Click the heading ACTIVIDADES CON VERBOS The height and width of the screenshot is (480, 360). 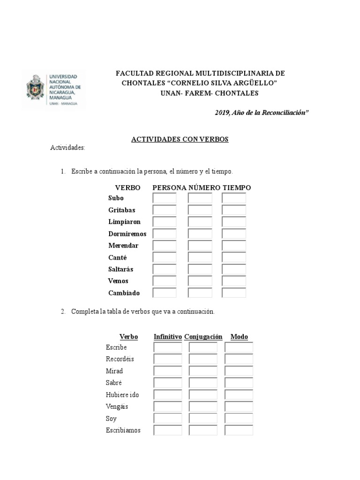click(180, 139)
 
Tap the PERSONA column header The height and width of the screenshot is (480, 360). click(170, 187)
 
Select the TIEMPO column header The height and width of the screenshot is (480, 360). click(237, 187)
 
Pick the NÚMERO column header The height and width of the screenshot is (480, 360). click(204, 187)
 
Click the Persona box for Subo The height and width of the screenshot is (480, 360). click(165, 198)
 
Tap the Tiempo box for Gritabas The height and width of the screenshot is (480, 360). click(234, 210)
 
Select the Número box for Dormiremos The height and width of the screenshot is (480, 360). click(200, 233)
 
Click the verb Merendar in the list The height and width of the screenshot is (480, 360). click(123, 246)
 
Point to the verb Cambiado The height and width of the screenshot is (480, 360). click(124, 293)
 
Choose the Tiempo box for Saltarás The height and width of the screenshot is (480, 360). click(234, 269)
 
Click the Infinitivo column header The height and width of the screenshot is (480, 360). click(167, 337)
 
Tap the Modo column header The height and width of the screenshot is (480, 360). click(239, 337)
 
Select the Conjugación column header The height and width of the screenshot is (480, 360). click(203, 337)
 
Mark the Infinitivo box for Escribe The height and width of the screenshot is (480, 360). click(167, 347)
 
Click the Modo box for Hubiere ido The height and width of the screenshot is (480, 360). click(239, 395)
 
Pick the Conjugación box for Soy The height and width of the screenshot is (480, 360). click(203, 418)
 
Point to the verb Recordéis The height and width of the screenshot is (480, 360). click(120, 359)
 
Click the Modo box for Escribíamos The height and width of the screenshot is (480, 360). click(239, 430)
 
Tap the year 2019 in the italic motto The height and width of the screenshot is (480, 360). click(221, 113)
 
